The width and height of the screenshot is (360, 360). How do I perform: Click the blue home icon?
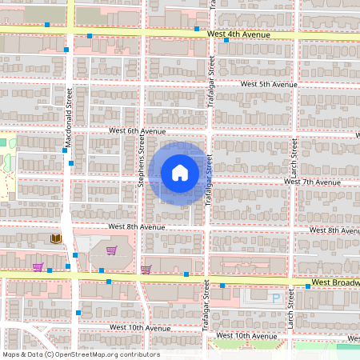(x=180, y=172)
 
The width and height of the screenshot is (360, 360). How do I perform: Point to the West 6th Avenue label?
(x=138, y=132)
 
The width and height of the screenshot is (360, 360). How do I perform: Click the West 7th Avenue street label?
(x=313, y=182)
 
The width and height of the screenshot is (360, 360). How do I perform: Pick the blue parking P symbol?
(x=277, y=298)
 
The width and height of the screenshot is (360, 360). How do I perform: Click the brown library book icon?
(x=56, y=239)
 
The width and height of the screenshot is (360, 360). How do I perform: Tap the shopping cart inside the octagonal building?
(x=111, y=250)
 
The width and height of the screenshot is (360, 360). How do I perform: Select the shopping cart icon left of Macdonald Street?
(x=38, y=267)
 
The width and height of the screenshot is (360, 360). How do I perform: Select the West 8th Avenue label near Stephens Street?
(x=137, y=227)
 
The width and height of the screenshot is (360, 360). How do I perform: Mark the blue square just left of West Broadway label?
(x=307, y=285)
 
